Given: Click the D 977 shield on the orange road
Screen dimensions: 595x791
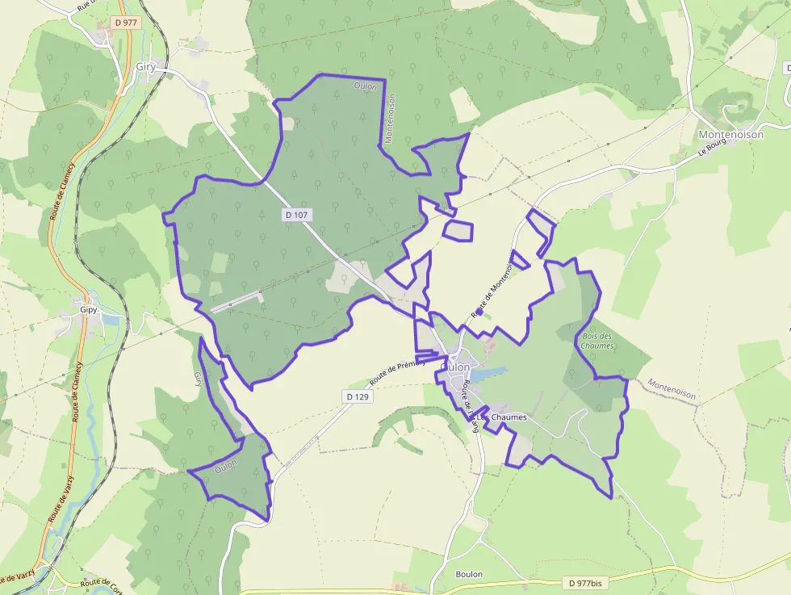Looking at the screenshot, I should pyautogui.click(x=125, y=23).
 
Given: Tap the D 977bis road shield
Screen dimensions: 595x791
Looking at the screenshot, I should pyautogui.click(x=585, y=583).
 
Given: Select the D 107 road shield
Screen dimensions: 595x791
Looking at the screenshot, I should pyautogui.click(x=297, y=215).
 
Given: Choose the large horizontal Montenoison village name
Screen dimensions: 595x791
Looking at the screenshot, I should pyautogui.click(x=730, y=135).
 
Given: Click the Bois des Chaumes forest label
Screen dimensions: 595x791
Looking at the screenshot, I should pyautogui.click(x=596, y=341).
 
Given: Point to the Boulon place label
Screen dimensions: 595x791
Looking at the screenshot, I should pyautogui.click(x=468, y=574).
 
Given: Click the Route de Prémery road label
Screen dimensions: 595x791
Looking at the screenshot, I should pyautogui.click(x=397, y=372).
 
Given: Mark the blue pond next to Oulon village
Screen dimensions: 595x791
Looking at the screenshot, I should pyautogui.click(x=488, y=374).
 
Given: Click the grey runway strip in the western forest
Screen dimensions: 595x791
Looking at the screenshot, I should pyautogui.click(x=237, y=301).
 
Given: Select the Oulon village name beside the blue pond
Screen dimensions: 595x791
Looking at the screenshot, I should pyautogui.click(x=456, y=367).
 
